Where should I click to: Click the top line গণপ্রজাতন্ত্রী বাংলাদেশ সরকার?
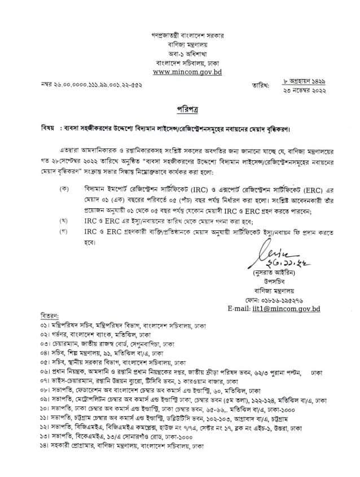pos(180,35)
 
